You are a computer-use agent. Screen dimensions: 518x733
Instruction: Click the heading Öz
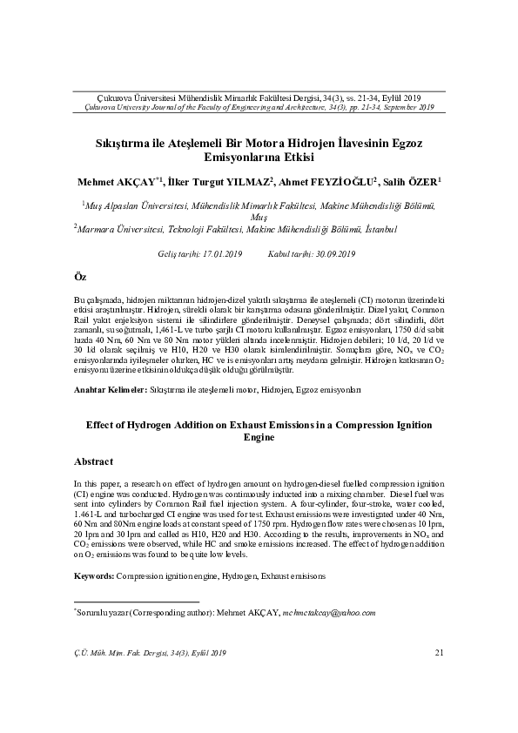80,276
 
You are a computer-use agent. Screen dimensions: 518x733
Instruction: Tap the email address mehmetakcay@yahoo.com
329,613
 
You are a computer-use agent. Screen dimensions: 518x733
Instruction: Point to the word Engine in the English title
259,440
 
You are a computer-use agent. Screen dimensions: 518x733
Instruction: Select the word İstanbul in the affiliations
381,229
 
